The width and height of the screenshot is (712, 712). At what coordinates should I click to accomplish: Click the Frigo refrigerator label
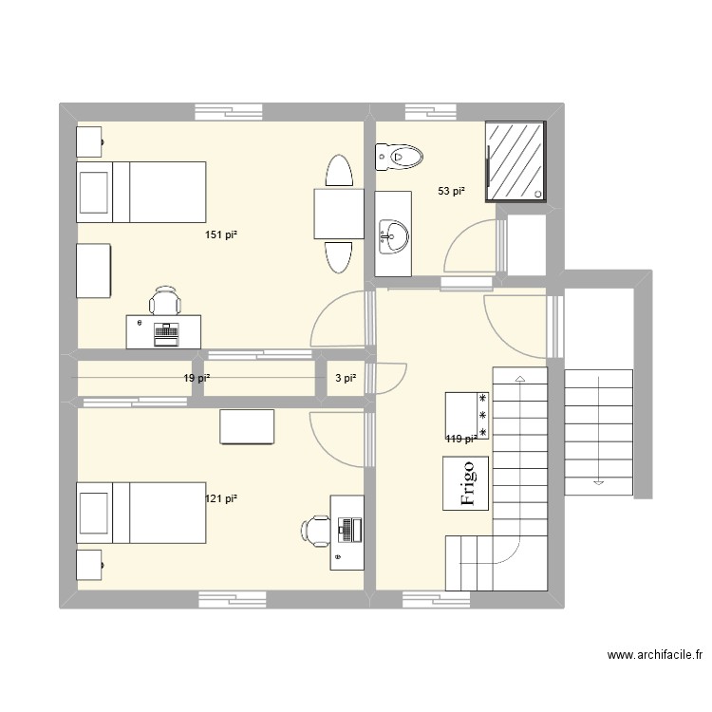click(x=466, y=483)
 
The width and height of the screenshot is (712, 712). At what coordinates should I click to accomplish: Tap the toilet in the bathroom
click(x=398, y=155)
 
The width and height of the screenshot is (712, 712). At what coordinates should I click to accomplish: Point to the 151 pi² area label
click(x=221, y=234)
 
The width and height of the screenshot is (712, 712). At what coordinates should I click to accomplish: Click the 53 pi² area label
click(x=451, y=192)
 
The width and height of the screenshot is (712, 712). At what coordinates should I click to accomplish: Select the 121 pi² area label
click(x=221, y=498)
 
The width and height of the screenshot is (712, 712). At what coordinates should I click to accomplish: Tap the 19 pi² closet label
click(x=196, y=378)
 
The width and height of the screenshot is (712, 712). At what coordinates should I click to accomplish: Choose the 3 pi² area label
click(x=346, y=378)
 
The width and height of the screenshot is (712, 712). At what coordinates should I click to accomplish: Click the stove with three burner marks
click(x=468, y=416)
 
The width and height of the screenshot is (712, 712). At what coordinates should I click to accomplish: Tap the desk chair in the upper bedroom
click(x=165, y=300)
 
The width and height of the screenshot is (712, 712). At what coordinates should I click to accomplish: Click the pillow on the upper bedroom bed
click(x=93, y=192)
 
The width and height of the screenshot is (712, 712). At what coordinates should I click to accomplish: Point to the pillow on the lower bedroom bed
click(x=93, y=514)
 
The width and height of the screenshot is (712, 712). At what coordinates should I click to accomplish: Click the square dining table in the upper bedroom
click(x=338, y=214)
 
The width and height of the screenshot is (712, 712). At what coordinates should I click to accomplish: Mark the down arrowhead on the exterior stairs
click(x=598, y=481)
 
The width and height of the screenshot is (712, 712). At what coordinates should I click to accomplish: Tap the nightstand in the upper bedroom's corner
click(x=90, y=141)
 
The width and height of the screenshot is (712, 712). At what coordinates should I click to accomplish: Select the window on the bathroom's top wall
click(x=432, y=111)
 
